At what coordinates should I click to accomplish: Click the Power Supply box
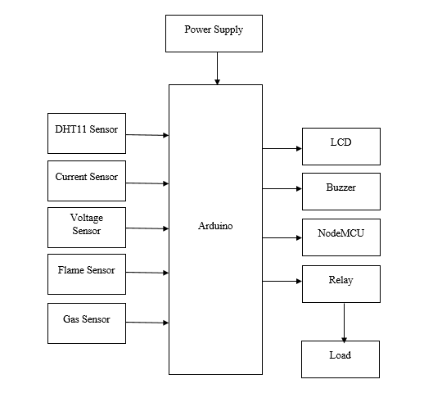[214, 34]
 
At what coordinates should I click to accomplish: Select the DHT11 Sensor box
[87, 133]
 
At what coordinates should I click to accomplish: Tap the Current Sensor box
[87, 181]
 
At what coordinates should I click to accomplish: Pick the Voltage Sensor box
[87, 228]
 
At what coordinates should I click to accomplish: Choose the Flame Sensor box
[87, 274]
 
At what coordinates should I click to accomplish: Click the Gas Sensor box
[87, 323]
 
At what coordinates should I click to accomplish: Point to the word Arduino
[215, 226]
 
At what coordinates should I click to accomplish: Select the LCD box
[341, 147]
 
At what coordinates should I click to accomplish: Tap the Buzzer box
[341, 192]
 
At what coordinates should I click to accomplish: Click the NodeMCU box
[341, 237]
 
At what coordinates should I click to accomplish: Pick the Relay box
[341, 284]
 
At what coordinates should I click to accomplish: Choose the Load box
[341, 359]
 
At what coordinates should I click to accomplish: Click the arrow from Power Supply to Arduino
[218, 68]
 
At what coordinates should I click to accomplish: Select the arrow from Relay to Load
[344, 323]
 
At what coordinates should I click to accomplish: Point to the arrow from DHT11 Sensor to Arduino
[147, 135]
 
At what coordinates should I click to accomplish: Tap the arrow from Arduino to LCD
[282, 149]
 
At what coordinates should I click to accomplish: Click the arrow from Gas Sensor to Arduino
[147, 323]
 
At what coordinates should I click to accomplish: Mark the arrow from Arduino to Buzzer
[282, 188]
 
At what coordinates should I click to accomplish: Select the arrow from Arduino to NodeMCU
[282, 237]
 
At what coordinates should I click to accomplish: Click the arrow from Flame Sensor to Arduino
[147, 273]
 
